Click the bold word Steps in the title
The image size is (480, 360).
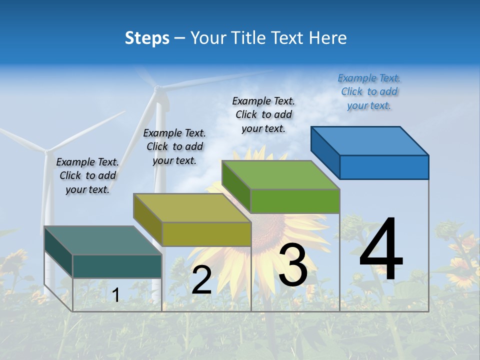tap(147, 38)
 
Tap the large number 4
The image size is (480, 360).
tap(381, 250)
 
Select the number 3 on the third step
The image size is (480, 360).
tap(293, 265)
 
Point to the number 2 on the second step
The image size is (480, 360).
tap(201, 280)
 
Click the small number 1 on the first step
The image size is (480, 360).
tap(115, 295)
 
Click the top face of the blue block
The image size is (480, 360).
tap(369, 140)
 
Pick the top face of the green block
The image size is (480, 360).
tap(280, 175)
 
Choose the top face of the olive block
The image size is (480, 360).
tap(192, 207)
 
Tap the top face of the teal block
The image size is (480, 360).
tap(103, 240)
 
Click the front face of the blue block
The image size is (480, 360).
tap(384, 167)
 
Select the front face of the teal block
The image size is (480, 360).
tap(117, 266)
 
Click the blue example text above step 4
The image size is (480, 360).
tap(369, 92)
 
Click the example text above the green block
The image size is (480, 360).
tap(263, 114)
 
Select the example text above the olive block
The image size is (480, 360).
tap(174, 146)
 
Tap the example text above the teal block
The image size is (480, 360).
tap(87, 175)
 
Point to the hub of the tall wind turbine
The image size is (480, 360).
tap(157, 89)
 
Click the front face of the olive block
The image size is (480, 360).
tap(206, 234)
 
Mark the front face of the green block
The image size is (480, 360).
tap(295, 201)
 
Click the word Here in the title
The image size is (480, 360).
tap(328, 38)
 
